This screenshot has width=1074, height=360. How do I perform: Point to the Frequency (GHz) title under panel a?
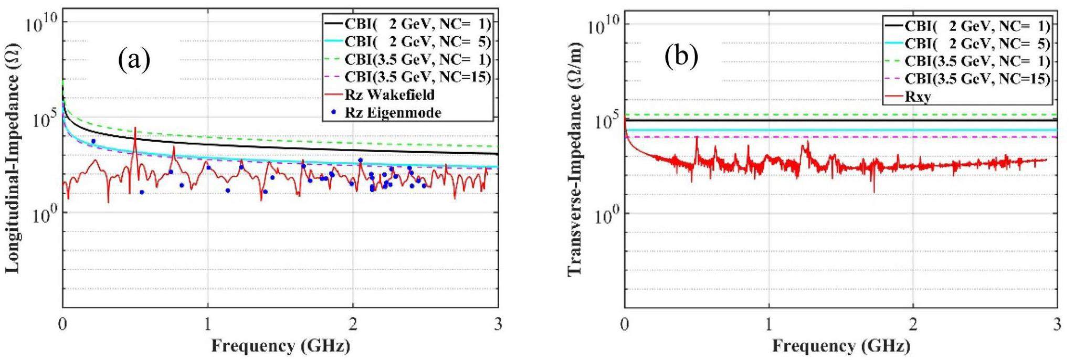(280, 346)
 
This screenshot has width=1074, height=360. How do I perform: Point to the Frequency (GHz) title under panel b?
(841, 346)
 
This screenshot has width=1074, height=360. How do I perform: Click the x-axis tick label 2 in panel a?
(353, 324)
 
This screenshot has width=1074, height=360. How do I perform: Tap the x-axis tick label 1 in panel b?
(769, 324)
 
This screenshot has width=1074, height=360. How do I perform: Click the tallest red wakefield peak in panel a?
(135, 128)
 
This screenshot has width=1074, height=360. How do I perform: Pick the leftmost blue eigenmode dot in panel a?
(93, 141)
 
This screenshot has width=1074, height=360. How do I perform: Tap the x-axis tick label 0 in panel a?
(63, 324)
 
